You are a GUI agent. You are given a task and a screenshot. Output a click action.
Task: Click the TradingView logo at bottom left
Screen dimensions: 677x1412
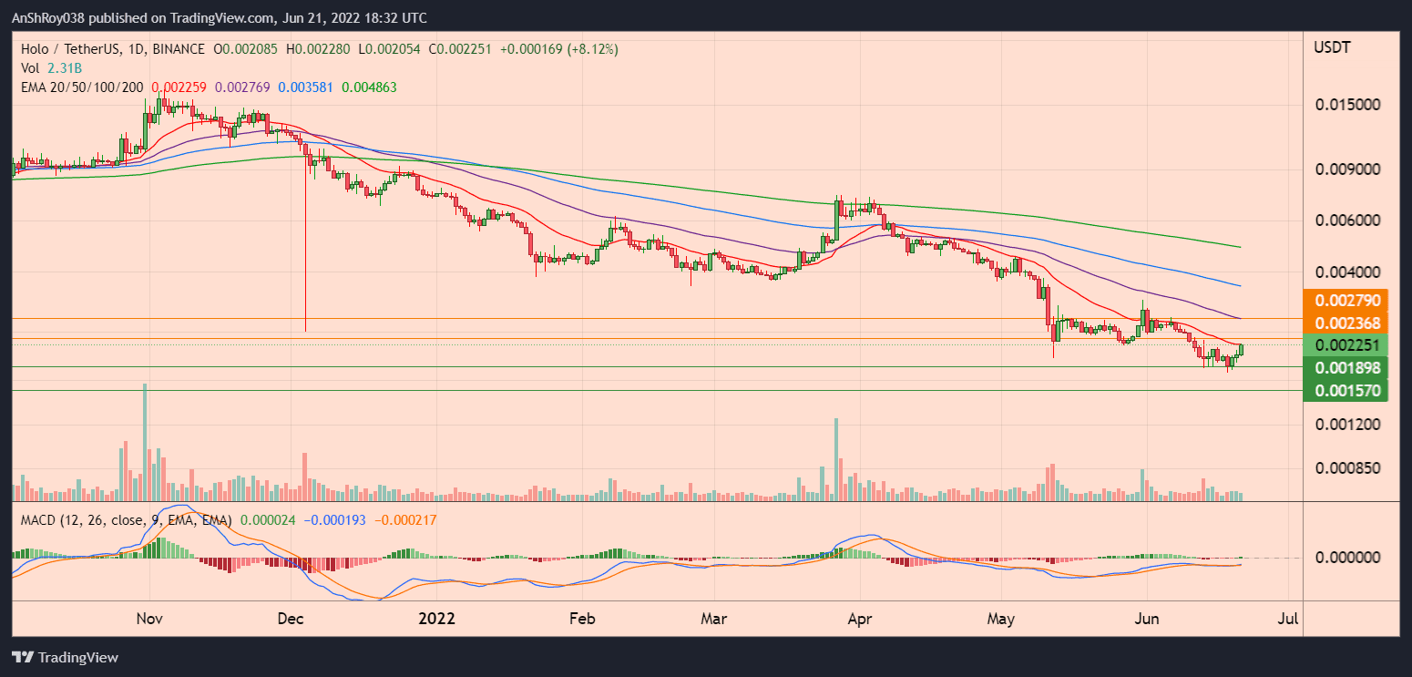pos(65,657)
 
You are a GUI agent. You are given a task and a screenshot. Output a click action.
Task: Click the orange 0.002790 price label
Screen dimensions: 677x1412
pos(1345,300)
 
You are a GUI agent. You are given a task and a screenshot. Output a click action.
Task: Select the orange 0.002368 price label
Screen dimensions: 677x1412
pos(1345,323)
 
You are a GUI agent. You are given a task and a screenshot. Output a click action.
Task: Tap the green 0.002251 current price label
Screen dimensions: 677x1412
pos(1345,344)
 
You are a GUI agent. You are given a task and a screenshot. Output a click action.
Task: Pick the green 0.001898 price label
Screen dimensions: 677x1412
pos(1345,368)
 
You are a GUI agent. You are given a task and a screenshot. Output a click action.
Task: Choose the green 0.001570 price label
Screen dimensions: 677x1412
pos(1345,390)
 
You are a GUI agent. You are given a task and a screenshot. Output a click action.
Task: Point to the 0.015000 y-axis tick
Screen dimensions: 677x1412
pos(1347,105)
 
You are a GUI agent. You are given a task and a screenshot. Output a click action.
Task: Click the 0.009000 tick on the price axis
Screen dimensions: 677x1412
pos(1347,169)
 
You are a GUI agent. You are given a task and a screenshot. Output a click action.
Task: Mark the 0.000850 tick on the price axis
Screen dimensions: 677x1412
pos(1347,468)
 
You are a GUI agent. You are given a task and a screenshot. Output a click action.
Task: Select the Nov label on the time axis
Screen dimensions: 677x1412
pos(149,620)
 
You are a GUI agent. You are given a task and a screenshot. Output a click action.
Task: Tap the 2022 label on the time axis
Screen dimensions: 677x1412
pos(436,620)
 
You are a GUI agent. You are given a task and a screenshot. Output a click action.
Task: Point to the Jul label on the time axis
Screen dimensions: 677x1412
pos(1288,620)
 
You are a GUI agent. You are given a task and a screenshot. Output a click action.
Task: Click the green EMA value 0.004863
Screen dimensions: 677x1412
pos(369,87)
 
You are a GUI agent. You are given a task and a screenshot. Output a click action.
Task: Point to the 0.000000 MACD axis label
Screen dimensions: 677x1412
pos(1347,558)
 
